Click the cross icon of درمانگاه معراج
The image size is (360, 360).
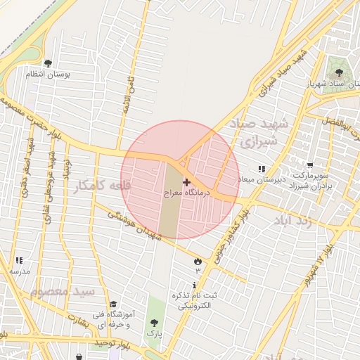click(186, 182)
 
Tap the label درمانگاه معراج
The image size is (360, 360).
click(182, 191)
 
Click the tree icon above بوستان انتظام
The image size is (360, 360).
click(48, 64)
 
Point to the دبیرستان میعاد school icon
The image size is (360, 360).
click(262, 169)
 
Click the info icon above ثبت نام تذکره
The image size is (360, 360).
click(194, 285)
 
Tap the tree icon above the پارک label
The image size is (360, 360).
click(153, 323)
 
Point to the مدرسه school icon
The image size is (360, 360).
click(19, 260)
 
